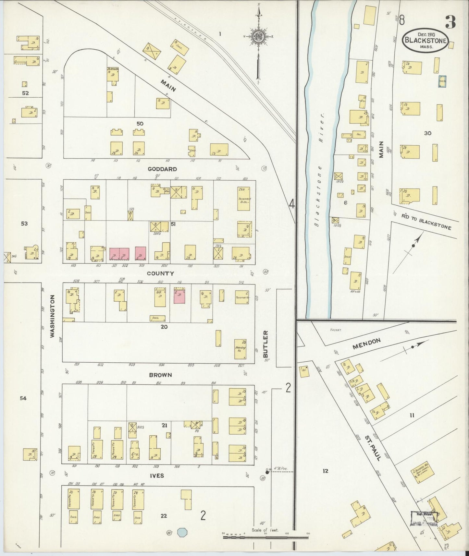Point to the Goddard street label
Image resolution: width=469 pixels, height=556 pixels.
pos(162,169)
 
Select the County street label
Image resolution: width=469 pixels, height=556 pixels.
pos(160,273)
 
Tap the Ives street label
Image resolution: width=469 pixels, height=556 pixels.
pos(157,476)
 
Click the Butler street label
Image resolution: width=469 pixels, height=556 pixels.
pos(266,344)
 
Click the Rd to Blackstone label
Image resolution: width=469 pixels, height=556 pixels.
pos(426,223)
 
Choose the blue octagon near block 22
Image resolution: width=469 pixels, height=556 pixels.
pos(183,533)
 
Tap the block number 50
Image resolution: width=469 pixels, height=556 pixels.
pos(140,124)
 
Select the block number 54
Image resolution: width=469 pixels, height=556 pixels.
pos(23,398)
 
